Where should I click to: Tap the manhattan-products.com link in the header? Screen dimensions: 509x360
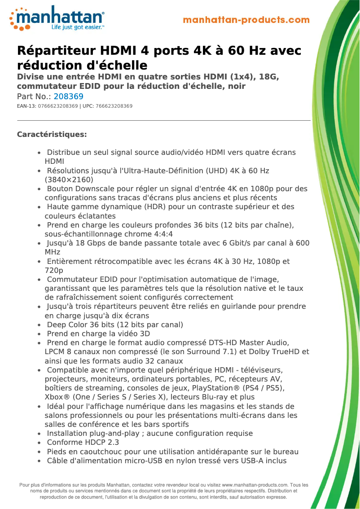[246, 20]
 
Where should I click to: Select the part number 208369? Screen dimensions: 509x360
[68, 97]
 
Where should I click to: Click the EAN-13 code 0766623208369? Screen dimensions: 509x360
[58, 106]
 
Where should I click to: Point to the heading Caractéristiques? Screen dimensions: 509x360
[52, 134]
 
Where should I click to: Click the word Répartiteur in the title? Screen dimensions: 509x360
[56, 51]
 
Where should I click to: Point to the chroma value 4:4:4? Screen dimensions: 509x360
[163, 234]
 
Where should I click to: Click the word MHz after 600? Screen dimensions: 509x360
[53, 252]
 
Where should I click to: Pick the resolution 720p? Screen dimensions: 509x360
[54, 270]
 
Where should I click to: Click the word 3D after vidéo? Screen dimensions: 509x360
[145, 333]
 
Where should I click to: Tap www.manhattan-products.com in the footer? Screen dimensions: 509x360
[255, 485]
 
